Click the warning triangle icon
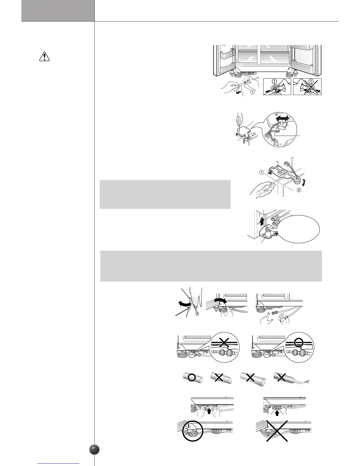44,57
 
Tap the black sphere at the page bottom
94,450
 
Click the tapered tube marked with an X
253,378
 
